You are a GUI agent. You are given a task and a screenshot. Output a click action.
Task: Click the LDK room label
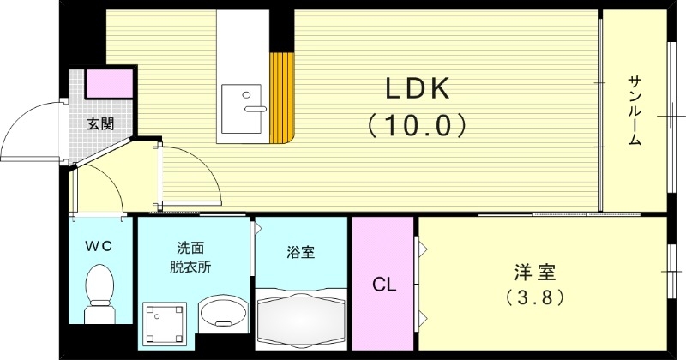tap(416, 89)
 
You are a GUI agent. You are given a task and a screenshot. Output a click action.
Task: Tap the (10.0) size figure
tap(416, 125)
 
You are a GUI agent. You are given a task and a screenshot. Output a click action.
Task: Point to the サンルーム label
tap(635, 111)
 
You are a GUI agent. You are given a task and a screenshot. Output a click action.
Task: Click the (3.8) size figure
tap(536, 299)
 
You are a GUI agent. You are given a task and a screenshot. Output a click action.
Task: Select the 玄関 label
tap(100, 123)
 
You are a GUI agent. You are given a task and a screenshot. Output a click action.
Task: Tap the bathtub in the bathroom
tap(301, 321)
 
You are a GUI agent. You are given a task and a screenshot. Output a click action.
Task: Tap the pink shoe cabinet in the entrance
tap(110, 83)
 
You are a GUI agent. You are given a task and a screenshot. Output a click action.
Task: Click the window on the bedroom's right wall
tap(671, 272)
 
